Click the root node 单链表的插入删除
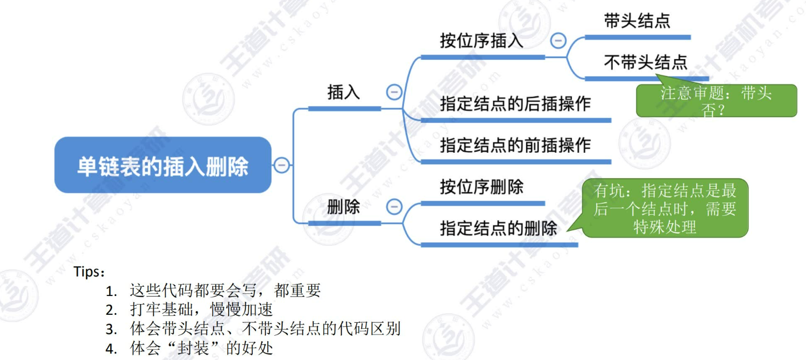click(x=162, y=165)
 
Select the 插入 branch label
click(x=344, y=93)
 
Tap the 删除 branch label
click(x=343, y=207)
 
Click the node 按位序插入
click(x=482, y=41)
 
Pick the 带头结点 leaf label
click(x=637, y=22)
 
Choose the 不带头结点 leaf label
click(x=646, y=62)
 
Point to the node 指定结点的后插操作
click(x=515, y=103)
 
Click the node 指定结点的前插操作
click(x=515, y=145)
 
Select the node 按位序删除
click(x=482, y=187)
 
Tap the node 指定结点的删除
click(x=498, y=228)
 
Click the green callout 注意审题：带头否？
click(x=716, y=101)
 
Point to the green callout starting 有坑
click(x=665, y=208)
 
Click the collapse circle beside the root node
click(x=281, y=165)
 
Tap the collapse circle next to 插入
click(x=394, y=93)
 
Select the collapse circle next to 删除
click(x=394, y=207)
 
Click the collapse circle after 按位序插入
click(x=558, y=41)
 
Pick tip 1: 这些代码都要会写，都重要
click(x=225, y=291)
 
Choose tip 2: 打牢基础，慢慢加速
click(x=201, y=310)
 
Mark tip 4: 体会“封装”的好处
click(x=201, y=348)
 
